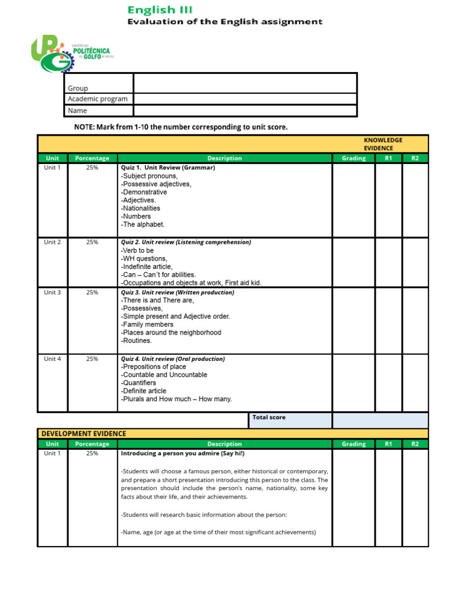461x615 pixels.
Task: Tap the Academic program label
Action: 98,99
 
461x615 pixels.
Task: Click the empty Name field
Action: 245,111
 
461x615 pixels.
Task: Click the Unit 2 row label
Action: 52,242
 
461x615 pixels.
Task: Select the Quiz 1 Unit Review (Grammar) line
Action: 168,168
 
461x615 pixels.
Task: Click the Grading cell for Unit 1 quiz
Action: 354,199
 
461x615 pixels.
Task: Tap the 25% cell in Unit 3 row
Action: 92,292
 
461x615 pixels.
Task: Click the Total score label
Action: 269,417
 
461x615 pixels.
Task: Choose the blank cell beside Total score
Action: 380,420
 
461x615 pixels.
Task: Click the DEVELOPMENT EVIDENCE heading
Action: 83,434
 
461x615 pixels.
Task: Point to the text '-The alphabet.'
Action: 143,225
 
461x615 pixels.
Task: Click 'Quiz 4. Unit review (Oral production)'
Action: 173,359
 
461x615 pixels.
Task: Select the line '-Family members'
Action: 147,324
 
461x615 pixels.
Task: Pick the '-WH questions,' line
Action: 144,258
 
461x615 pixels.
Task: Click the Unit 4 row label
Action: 52,359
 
